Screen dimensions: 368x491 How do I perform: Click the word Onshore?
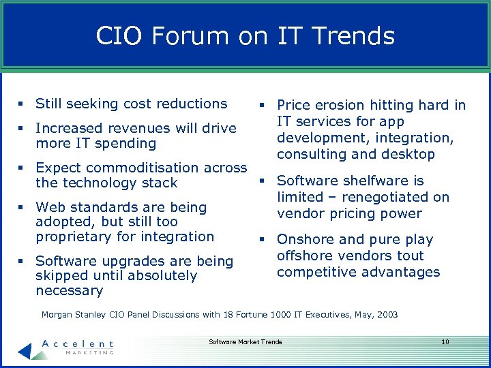306,239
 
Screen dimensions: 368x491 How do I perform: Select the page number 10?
445,341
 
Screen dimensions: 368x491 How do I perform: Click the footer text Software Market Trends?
245,341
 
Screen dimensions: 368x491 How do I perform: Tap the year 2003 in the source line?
386,315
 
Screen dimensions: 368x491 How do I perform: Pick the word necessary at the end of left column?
69,291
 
